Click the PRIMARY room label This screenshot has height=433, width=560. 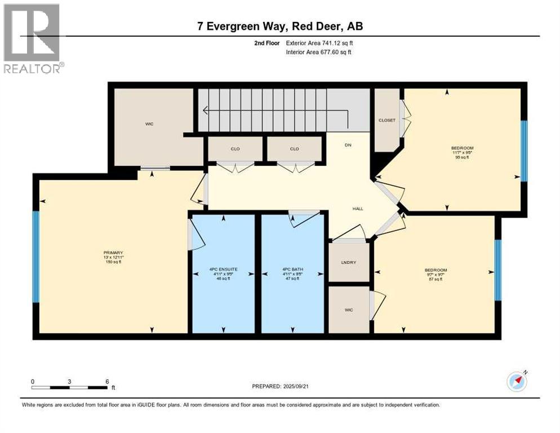tap(113, 253)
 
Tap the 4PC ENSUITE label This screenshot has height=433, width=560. tap(224, 269)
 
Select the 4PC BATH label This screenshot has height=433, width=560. tap(293, 269)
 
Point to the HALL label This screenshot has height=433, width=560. tap(358, 209)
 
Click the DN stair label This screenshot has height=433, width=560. tap(348, 144)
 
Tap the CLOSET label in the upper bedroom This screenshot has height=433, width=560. tap(387, 120)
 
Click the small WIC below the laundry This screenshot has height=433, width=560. tap(349, 310)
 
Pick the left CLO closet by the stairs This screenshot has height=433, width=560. tap(235, 149)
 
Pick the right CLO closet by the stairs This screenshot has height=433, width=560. tap(294, 149)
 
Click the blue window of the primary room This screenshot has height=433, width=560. tap(35, 257)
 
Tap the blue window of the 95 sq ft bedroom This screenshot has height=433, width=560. tap(524, 151)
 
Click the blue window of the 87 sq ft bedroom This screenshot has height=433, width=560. tap(498, 270)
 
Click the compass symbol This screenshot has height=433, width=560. tap(517, 382)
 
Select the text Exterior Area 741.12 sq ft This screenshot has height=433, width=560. tap(319, 43)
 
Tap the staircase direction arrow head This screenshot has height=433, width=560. tap(206, 111)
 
